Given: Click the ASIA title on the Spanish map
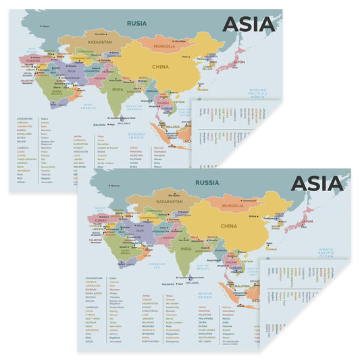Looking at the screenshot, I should [x=249, y=24].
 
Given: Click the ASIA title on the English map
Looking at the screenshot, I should [x=318, y=184].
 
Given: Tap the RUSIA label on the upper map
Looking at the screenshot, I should [x=137, y=23].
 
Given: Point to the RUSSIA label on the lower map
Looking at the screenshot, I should [x=206, y=182].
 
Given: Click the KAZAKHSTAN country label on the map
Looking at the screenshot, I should [x=170, y=202].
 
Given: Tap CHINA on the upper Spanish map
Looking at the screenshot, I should [x=160, y=67].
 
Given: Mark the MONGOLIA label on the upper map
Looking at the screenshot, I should [x=165, y=46].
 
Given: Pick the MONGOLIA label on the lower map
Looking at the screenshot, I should [x=233, y=205].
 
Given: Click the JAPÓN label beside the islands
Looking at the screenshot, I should [x=239, y=61].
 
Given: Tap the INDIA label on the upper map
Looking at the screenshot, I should [x=118, y=89].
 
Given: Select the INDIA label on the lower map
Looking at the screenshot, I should [x=186, y=249].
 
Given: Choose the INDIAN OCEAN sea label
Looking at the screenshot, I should [x=205, y=294].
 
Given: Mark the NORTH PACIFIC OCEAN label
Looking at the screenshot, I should [x=326, y=253].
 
